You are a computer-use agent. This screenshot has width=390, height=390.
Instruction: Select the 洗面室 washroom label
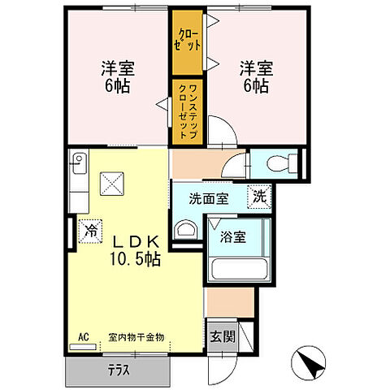click(209, 198)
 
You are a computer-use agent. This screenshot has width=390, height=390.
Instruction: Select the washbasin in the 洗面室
click(185, 229)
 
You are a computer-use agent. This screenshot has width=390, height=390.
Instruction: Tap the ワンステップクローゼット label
click(188, 104)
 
